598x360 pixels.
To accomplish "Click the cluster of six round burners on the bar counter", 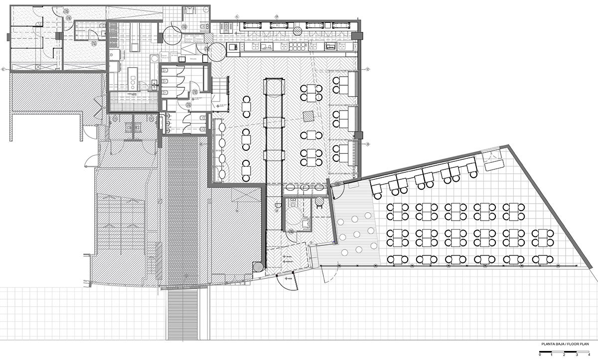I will [x=298, y=47].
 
